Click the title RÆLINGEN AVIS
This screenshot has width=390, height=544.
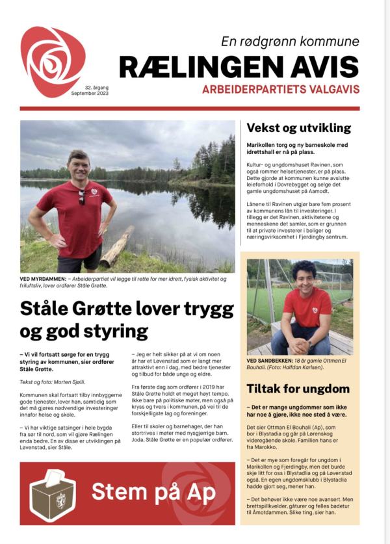point(239,67)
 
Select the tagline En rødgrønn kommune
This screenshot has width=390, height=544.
point(290,42)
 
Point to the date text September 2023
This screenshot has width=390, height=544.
point(90,94)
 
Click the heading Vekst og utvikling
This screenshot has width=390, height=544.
point(299,128)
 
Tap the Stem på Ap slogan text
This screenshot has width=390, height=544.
point(153,492)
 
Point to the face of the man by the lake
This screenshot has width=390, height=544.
point(79,166)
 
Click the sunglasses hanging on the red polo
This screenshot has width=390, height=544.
point(81,197)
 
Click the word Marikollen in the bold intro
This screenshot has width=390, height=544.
point(263,145)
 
